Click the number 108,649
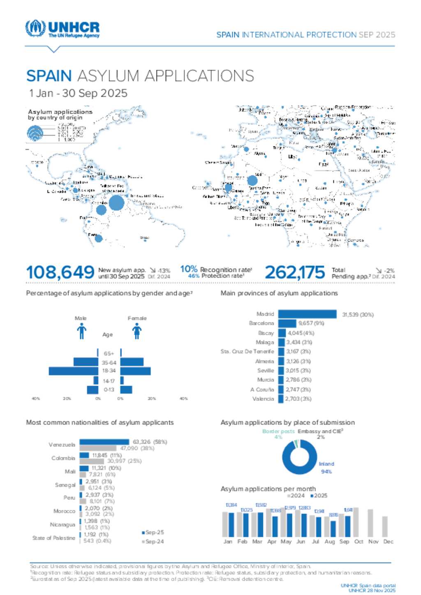click(60, 272)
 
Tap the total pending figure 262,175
click(294, 272)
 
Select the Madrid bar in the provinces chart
click(307, 314)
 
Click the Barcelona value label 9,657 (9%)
click(311, 323)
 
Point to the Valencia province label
click(263, 399)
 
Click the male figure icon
click(81, 331)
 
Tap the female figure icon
click(137, 331)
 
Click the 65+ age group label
click(109, 354)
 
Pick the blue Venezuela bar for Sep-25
click(104, 442)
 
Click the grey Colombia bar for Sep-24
click(92, 461)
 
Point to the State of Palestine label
click(54, 538)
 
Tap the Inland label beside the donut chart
click(326, 464)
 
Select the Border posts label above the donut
click(278, 432)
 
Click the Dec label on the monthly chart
click(388, 542)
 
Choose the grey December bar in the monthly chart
click(385, 526)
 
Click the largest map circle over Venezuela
click(116, 203)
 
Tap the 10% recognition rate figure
click(189, 269)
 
